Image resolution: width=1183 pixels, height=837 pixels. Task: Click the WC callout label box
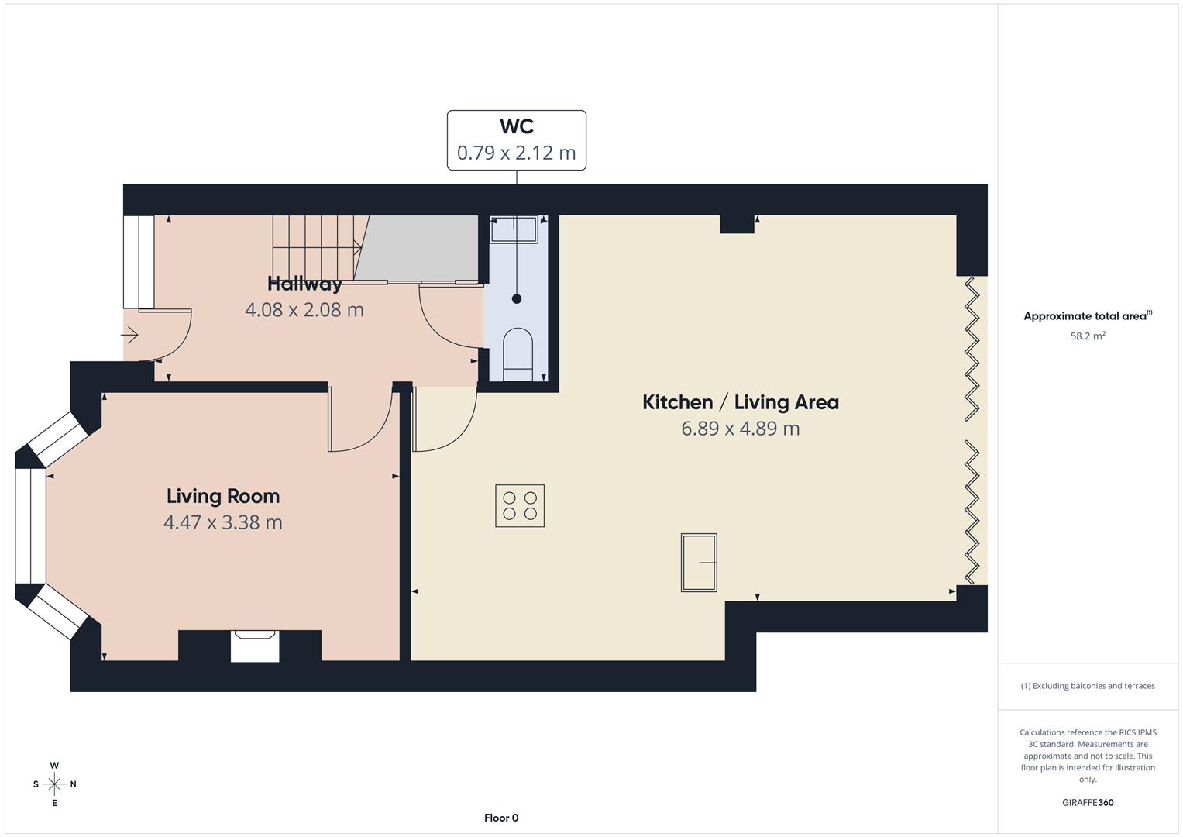pyautogui.click(x=516, y=140)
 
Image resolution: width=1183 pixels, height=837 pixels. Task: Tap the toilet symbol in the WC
pyautogui.click(x=518, y=354)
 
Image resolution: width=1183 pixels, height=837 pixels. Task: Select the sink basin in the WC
pyautogui.click(x=515, y=230)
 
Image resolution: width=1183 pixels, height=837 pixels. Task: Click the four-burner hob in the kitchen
pyautogui.click(x=520, y=506)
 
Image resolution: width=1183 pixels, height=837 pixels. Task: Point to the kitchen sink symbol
pyautogui.click(x=698, y=562)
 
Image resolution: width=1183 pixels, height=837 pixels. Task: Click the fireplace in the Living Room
pyautogui.click(x=255, y=646)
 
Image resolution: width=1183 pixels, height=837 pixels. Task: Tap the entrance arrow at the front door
pyautogui.click(x=129, y=336)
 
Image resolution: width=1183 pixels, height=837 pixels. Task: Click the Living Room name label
pyautogui.click(x=223, y=496)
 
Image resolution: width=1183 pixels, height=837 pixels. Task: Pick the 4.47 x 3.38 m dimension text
pyautogui.click(x=223, y=522)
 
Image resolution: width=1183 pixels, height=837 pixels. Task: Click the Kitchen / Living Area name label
pyautogui.click(x=740, y=402)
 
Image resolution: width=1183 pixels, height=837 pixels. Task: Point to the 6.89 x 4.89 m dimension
pyautogui.click(x=740, y=429)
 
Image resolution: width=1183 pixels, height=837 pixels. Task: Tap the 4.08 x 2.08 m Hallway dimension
pyautogui.click(x=304, y=310)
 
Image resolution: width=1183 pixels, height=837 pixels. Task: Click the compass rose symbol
pyautogui.click(x=54, y=784)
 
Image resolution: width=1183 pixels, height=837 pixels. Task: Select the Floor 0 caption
pyautogui.click(x=501, y=818)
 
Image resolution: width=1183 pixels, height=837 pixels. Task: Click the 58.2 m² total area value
pyautogui.click(x=1088, y=336)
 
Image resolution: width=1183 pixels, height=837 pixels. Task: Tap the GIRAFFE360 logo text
pyautogui.click(x=1088, y=803)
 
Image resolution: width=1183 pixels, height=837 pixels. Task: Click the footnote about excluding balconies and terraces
pyautogui.click(x=1088, y=686)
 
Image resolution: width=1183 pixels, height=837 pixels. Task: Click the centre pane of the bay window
pyautogui.click(x=30, y=526)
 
